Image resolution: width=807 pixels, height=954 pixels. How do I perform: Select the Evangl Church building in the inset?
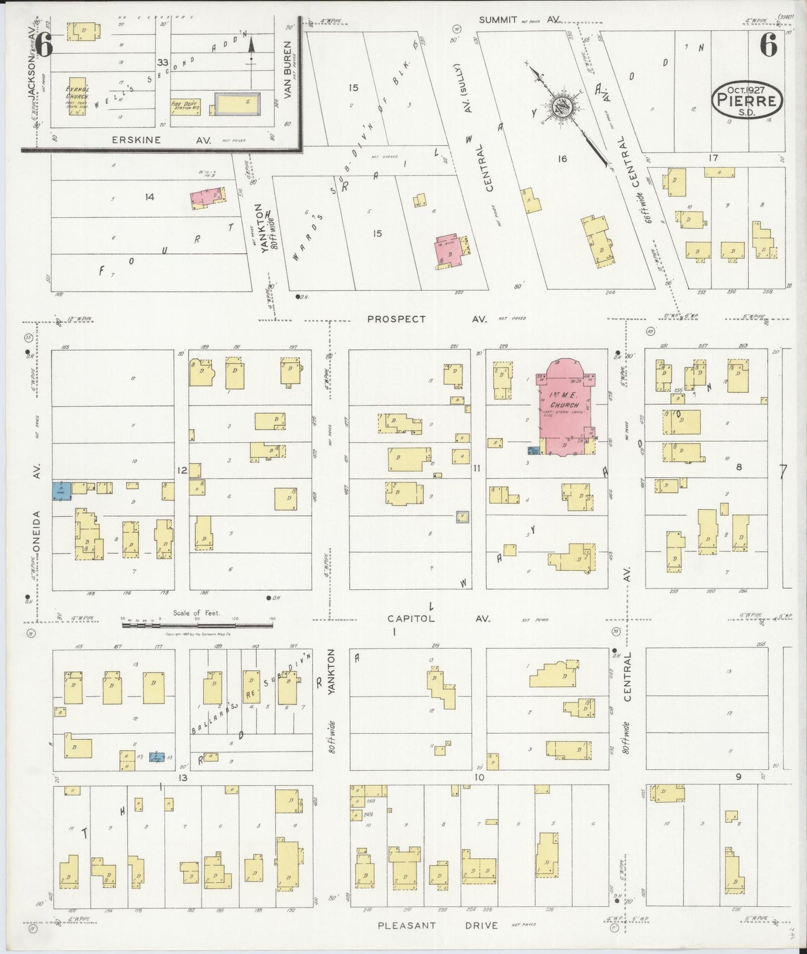tap(78, 96)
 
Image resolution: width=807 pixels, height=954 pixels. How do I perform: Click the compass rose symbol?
tap(562, 107)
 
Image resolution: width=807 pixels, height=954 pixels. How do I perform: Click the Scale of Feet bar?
tap(198, 625)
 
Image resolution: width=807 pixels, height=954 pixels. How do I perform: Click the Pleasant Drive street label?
tap(438, 926)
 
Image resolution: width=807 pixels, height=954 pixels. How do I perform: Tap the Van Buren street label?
tap(288, 70)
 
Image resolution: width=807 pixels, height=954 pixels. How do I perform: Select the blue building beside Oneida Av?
tap(61, 490)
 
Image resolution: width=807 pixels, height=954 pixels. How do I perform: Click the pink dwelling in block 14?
tap(208, 197)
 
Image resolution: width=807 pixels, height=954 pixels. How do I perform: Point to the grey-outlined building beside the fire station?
tap(237, 104)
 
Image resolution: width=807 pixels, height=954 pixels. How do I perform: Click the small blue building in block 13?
tap(157, 757)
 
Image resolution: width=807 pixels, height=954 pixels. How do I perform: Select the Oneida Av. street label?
tap(37, 508)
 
